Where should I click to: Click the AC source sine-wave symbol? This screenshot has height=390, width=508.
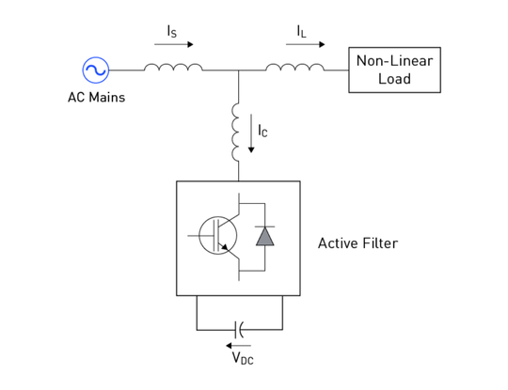[96, 70]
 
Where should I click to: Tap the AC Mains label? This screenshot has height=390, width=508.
[96, 98]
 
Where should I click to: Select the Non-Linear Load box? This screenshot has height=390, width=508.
[394, 70]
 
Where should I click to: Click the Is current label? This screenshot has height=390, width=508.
[171, 31]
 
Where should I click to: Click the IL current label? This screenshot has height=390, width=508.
[301, 31]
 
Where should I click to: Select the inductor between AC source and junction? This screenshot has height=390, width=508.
[173, 68]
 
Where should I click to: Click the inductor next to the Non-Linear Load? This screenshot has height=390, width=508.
[294, 68]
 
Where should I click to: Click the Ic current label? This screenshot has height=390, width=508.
[262, 132]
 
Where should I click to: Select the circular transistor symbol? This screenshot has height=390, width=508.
[218, 236]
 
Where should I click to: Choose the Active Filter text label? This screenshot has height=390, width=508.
[357, 243]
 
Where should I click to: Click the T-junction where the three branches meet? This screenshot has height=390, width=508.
[238, 70]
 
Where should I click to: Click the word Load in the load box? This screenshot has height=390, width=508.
[394, 79]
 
